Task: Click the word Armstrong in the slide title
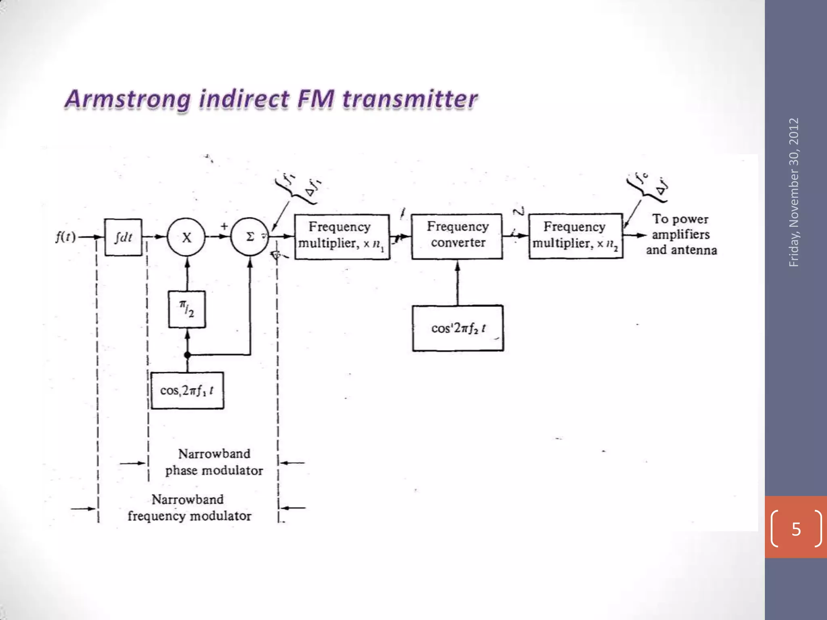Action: point(127,99)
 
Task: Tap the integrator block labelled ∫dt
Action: point(123,237)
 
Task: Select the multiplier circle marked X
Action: point(187,237)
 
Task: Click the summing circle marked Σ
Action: point(250,237)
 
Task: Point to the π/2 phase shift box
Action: point(187,309)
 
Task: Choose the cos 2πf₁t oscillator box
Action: point(187,390)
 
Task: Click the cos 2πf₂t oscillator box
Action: point(458,328)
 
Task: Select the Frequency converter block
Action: point(457,237)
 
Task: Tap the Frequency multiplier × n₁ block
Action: point(342,237)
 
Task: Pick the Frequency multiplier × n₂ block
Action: point(576,236)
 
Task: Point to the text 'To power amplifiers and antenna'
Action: point(681,235)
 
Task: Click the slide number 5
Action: point(796,529)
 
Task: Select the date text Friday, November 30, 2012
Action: point(794,192)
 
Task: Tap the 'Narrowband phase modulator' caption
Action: point(214,462)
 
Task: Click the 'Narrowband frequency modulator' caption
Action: point(189,508)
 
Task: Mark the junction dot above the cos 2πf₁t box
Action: point(187,355)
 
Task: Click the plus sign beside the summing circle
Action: point(224,226)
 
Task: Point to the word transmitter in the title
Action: point(410,99)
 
